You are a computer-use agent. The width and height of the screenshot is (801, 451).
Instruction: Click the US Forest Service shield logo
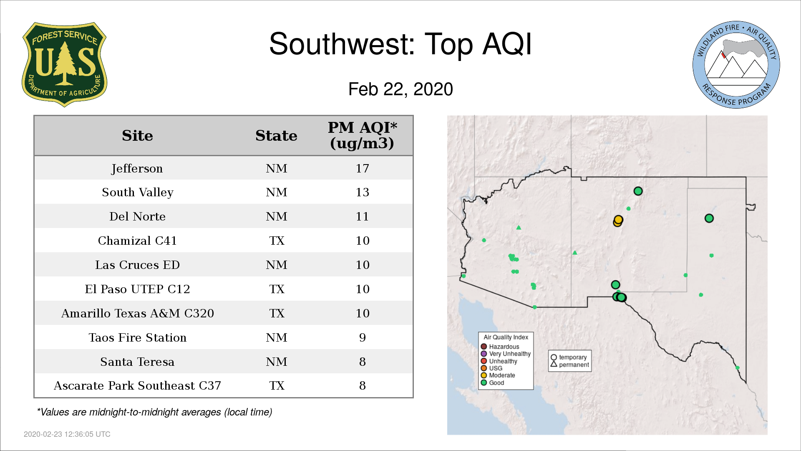pyautogui.click(x=64, y=64)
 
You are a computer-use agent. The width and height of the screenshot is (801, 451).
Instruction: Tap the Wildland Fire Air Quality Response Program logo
pyautogui.click(x=736, y=65)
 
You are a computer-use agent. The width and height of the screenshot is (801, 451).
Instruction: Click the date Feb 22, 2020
pyautogui.click(x=400, y=89)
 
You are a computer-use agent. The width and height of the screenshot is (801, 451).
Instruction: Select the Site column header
pyautogui.click(x=137, y=136)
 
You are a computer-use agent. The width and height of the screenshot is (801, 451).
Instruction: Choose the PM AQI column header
pyautogui.click(x=362, y=135)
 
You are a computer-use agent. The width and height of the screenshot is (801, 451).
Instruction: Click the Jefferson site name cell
pyautogui.click(x=137, y=169)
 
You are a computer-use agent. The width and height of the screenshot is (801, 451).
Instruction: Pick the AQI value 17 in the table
pyautogui.click(x=362, y=168)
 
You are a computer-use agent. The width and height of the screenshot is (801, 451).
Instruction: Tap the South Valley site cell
pyautogui.click(x=137, y=193)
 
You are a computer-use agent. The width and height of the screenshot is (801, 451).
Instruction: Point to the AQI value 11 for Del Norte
pyautogui.click(x=362, y=216)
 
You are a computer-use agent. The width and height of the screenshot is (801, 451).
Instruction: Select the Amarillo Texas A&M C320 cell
pyautogui.click(x=137, y=313)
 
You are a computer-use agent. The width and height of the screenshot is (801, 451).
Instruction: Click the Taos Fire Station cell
pyautogui.click(x=137, y=337)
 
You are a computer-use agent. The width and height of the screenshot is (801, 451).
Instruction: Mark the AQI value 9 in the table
pyautogui.click(x=362, y=337)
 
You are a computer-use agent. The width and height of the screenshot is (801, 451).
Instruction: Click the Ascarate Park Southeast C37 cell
pyautogui.click(x=137, y=385)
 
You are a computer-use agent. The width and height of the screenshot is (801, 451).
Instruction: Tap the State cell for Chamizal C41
pyautogui.click(x=277, y=241)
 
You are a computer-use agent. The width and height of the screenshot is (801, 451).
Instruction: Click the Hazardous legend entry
pyautogui.click(x=500, y=347)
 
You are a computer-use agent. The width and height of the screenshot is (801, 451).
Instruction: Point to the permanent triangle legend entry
pyautogui.click(x=570, y=365)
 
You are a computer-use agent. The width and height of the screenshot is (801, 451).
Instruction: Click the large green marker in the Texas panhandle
pyautogui.click(x=709, y=218)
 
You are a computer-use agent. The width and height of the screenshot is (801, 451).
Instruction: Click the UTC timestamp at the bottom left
pyautogui.click(x=67, y=434)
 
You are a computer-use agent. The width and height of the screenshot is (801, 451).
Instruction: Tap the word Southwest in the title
pyautogui.click(x=342, y=44)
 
